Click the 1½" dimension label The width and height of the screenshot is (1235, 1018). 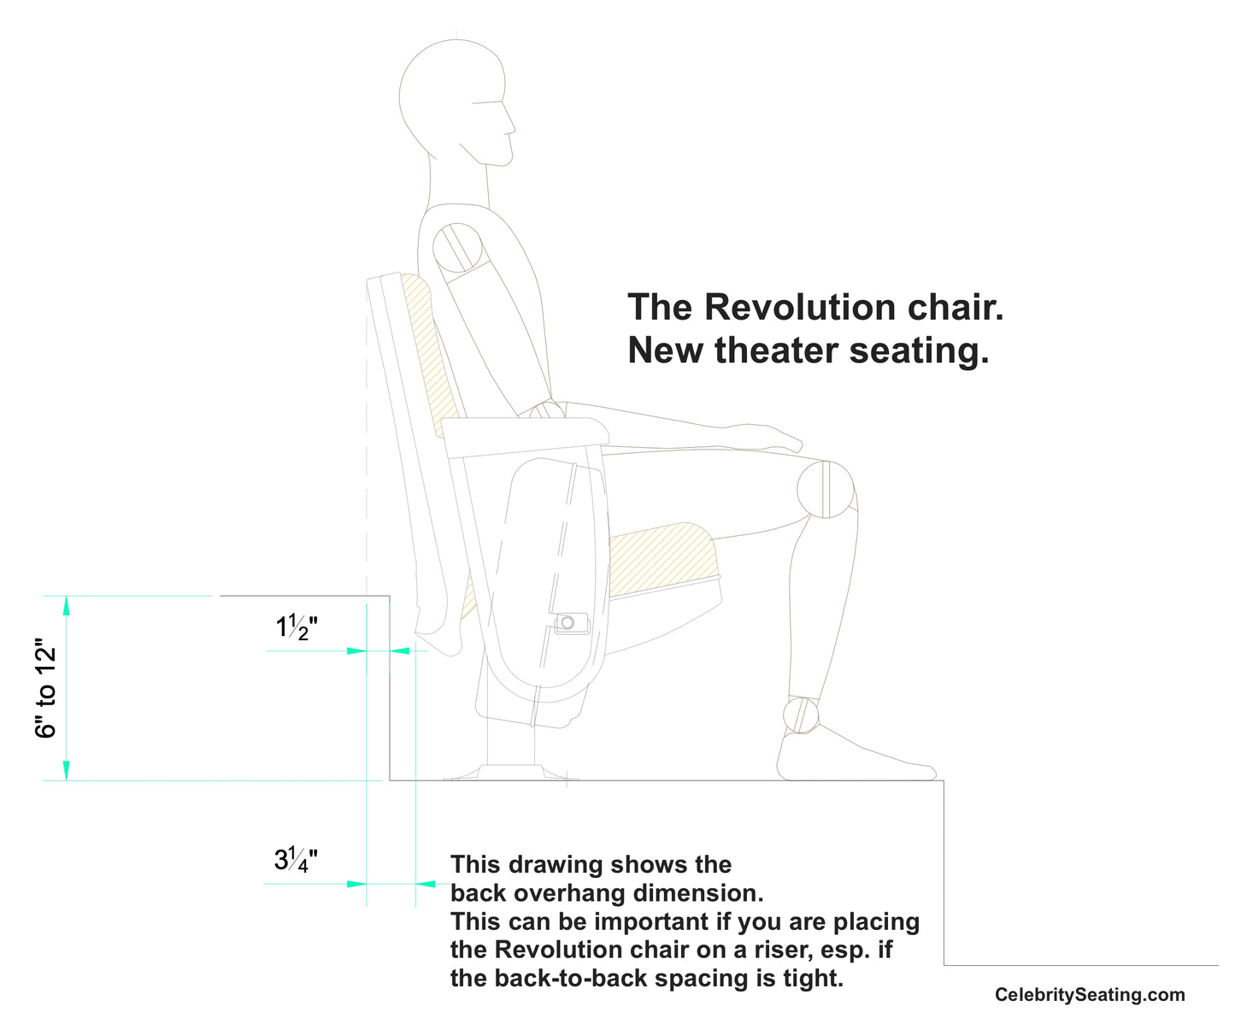coord(296,628)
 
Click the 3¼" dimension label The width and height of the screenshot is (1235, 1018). coord(296,860)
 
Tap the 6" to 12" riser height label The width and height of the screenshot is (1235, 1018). coord(45,688)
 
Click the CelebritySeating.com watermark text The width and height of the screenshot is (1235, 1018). coord(1090,995)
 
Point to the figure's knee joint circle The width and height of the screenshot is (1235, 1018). coord(826,489)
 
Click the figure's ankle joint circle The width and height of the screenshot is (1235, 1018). coord(802,715)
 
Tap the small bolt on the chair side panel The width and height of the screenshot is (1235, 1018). coord(568,622)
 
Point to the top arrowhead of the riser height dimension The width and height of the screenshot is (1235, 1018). coord(67,604)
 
